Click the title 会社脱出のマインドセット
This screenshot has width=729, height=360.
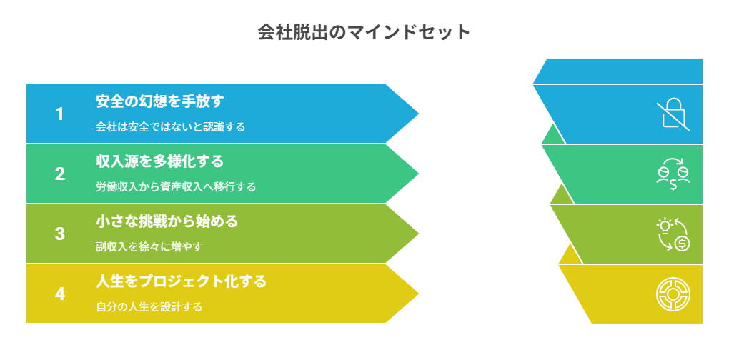(x=364, y=33)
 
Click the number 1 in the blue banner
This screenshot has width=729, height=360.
(x=60, y=114)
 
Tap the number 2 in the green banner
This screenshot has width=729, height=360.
(x=60, y=174)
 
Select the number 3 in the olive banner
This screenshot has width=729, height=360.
(x=60, y=234)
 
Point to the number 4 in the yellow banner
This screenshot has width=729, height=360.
(x=60, y=294)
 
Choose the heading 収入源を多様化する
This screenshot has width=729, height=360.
(x=159, y=161)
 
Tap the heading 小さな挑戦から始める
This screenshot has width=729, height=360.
(x=167, y=221)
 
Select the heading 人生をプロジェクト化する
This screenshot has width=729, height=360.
(x=181, y=281)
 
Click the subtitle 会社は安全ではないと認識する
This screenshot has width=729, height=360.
(x=171, y=127)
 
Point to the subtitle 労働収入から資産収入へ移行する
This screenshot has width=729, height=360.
(x=176, y=187)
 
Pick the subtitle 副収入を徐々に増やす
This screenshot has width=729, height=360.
(x=149, y=247)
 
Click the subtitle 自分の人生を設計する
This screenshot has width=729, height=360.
(x=149, y=307)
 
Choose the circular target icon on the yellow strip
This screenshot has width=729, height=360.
(x=673, y=294)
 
